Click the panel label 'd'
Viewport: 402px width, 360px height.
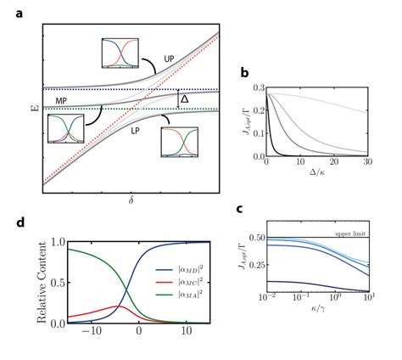click(20, 223)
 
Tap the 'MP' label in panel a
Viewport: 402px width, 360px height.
click(62, 100)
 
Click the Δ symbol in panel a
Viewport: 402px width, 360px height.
click(183, 99)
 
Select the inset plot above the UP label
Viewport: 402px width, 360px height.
click(120, 52)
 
